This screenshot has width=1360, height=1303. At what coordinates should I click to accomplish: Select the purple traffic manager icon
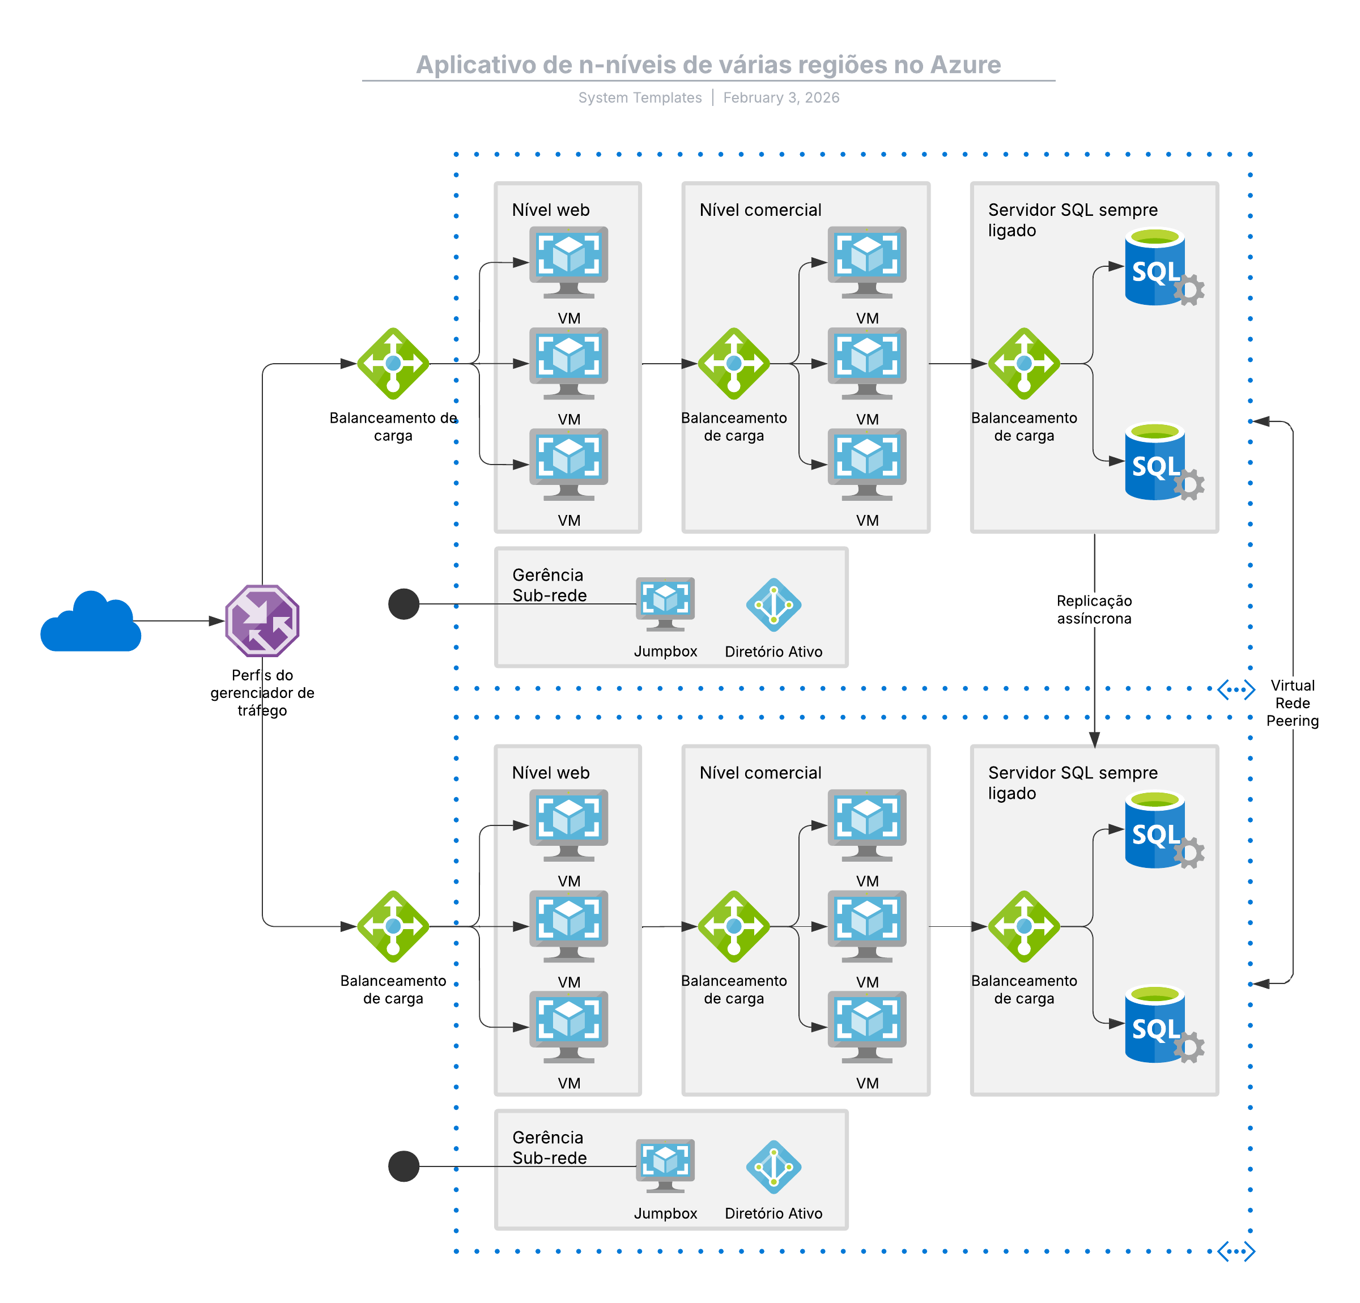pos(262,621)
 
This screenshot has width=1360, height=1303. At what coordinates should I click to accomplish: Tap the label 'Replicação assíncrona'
pos(1094,609)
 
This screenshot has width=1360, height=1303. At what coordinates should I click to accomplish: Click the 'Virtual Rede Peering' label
pos(1292,703)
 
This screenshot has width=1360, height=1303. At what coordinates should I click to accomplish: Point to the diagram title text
pos(708,65)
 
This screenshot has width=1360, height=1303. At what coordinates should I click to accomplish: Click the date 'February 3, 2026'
pos(781,98)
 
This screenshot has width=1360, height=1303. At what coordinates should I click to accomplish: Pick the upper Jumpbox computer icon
pos(665,603)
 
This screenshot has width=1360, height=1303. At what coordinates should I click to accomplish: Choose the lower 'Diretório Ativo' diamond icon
pos(773,1167)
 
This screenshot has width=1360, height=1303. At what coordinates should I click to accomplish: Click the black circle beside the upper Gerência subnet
pos(404,603)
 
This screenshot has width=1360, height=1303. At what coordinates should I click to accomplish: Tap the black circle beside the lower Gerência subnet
pos(404,1166)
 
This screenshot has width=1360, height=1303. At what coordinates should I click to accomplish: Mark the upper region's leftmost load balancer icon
pos(393,364)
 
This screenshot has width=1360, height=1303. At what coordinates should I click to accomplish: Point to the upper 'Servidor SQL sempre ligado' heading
pos(1073,219)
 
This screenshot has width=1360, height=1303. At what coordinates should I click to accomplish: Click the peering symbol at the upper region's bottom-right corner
pos(1236,689)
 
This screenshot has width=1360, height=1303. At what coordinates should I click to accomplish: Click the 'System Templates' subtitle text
pos(640,98)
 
